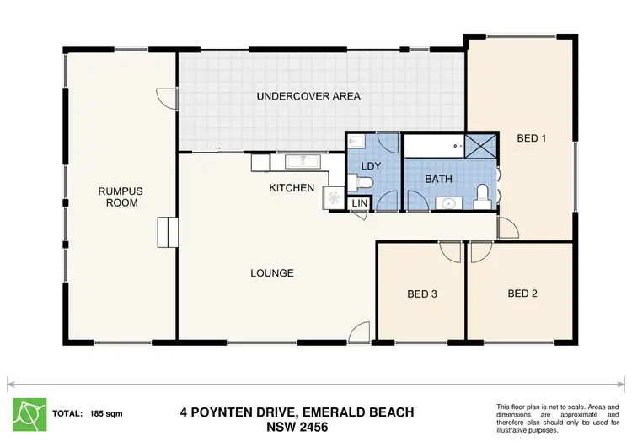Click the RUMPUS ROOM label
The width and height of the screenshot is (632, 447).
(119, 197)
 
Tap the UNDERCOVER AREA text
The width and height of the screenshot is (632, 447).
(308, 96)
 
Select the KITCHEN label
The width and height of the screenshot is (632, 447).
(292, 187)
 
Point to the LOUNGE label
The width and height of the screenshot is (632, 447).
(272, 273)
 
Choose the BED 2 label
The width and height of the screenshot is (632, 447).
(522, 294)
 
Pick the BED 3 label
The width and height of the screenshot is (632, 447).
(422, 294)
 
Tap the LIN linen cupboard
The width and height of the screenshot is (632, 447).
(359, 203)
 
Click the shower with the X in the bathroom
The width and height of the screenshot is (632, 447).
(480, 145)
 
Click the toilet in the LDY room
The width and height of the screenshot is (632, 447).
(364, 182)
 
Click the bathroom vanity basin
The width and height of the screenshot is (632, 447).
(447, 202)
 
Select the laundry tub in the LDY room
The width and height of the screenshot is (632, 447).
(356, 142)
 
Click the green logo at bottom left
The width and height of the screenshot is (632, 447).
(30, 413)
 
